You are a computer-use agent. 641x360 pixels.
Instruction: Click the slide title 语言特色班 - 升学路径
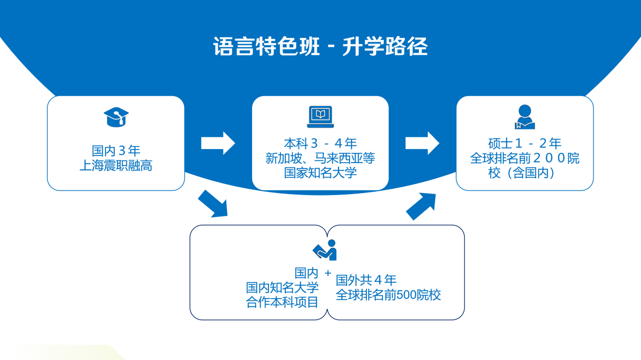320,47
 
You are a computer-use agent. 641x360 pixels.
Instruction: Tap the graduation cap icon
116,117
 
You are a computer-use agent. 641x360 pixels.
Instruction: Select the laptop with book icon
320,117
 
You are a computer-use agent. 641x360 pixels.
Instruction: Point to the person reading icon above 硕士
524,117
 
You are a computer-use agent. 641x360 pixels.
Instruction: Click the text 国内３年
116,151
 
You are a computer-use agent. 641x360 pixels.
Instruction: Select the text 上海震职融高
116,165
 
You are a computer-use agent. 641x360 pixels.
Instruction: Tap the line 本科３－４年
320,143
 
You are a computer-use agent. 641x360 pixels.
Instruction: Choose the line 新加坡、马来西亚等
320,158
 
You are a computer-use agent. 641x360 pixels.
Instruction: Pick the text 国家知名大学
320,172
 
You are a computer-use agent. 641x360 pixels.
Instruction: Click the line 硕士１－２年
524,143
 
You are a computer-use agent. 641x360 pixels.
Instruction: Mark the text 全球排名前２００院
524,158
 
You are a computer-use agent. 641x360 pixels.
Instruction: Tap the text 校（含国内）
524,172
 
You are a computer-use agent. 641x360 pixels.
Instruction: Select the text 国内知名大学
282,287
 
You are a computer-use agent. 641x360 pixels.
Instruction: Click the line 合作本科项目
282,302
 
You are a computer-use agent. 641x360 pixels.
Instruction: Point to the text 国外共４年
366,280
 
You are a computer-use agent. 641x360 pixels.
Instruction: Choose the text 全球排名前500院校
388,295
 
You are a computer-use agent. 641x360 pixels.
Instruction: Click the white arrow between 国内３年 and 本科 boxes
218,143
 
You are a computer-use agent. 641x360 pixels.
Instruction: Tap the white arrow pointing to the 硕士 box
422,143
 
